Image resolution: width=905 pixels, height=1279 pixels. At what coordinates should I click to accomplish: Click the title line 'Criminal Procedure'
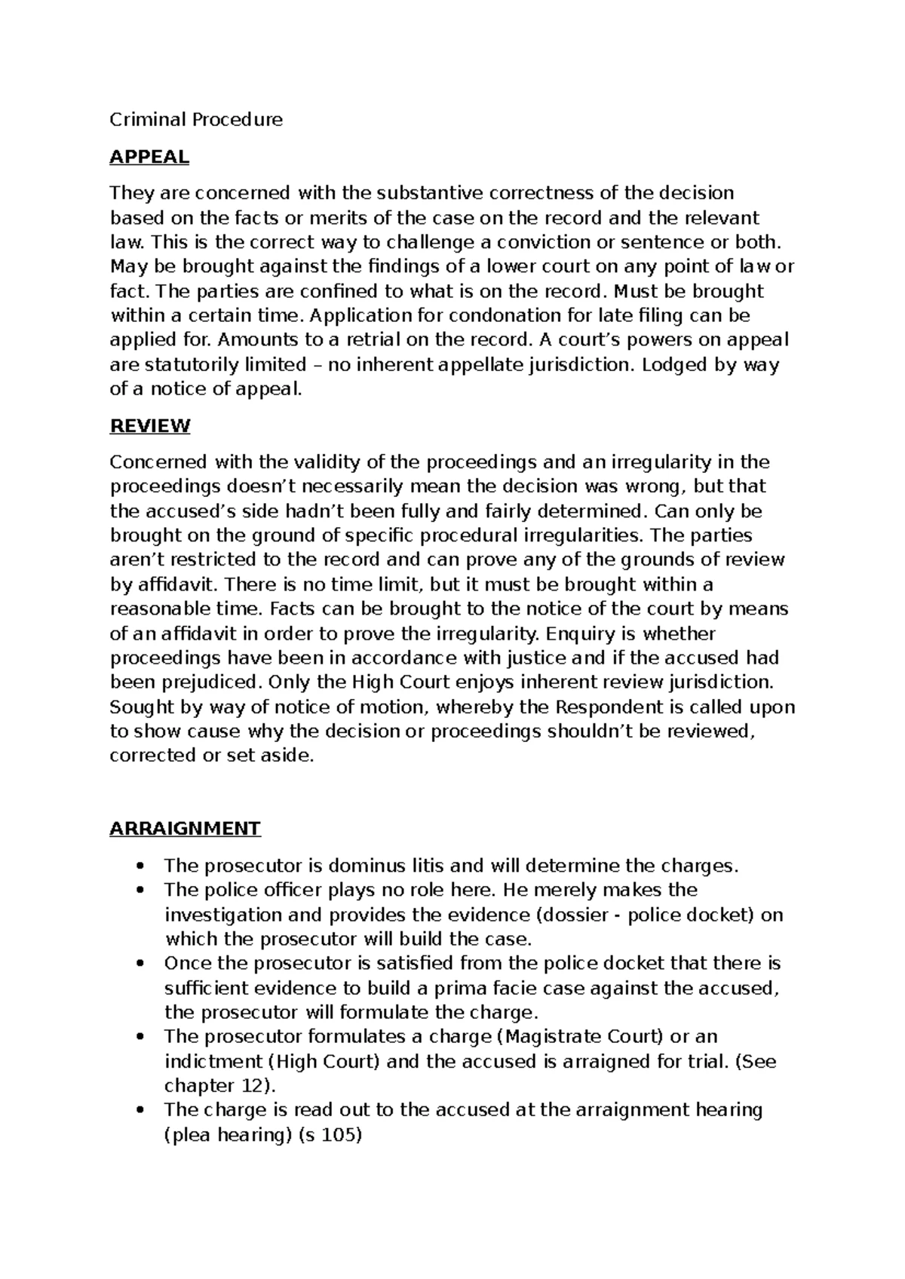pos(196,119)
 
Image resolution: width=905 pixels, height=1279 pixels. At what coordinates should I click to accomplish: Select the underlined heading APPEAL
pos(149,157)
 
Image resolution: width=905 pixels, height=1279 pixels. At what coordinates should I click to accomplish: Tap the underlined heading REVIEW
pos(150,426)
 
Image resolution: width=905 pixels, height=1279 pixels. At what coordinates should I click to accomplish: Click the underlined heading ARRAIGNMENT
pos(185,828)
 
